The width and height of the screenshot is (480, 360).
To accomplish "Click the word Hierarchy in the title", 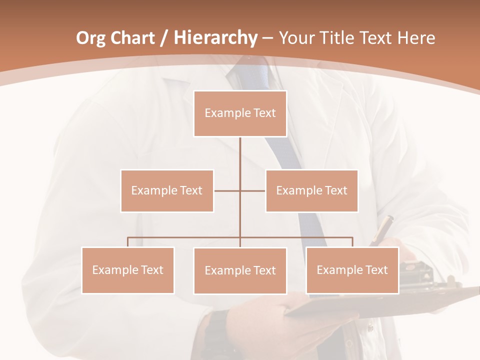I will [215, 38].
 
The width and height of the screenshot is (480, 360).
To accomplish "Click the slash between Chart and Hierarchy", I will [164, 38].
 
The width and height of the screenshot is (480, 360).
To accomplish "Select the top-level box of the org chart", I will [240, 113].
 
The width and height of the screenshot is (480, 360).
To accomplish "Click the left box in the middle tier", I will [167, 190].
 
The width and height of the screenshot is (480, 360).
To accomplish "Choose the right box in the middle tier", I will [311, 190].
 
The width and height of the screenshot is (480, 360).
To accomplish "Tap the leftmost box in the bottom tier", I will [127, 270].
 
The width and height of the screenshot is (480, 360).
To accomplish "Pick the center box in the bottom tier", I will [240, 270].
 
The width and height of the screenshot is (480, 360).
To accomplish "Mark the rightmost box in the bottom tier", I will [352, 270].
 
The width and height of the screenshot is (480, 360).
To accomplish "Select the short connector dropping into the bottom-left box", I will [127, 242].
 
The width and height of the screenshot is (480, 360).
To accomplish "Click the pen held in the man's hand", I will [383, 228].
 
